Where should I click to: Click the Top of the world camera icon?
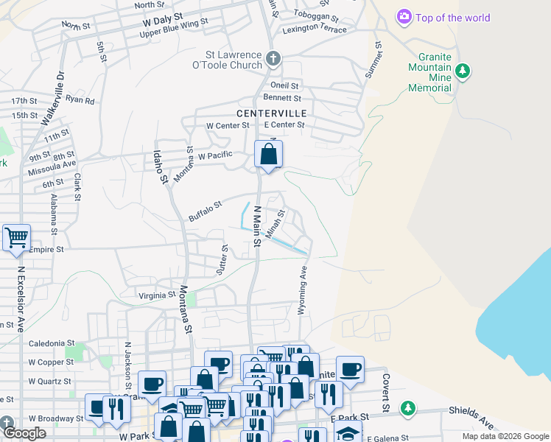[x=404, y=16]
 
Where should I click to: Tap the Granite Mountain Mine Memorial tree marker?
[x=463, y=71]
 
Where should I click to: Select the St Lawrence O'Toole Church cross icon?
[x=273, y=58]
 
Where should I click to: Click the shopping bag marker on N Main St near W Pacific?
[x=268, y=155]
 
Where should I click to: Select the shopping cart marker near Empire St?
[x=15, y=238]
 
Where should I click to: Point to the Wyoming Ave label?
[x=302, y=291]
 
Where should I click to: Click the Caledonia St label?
[x=52, y=343]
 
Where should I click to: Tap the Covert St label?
[x=385, y=393]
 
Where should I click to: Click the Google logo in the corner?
[x=24, y=433]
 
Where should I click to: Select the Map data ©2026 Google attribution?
[x=505, y=436]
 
